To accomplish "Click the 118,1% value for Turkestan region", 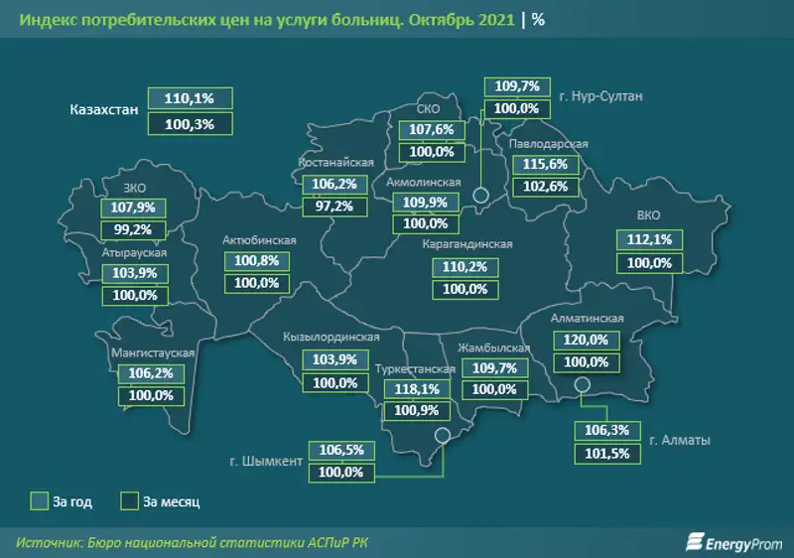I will pos(416,388).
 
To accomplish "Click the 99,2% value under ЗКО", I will pos(134,229).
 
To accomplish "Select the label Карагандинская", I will pos(466,244).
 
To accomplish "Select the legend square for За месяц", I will pos(130,500).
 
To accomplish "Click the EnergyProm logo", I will pos(731,540).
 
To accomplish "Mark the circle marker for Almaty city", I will pos(583,385).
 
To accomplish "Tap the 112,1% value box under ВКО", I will pos(650,239).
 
